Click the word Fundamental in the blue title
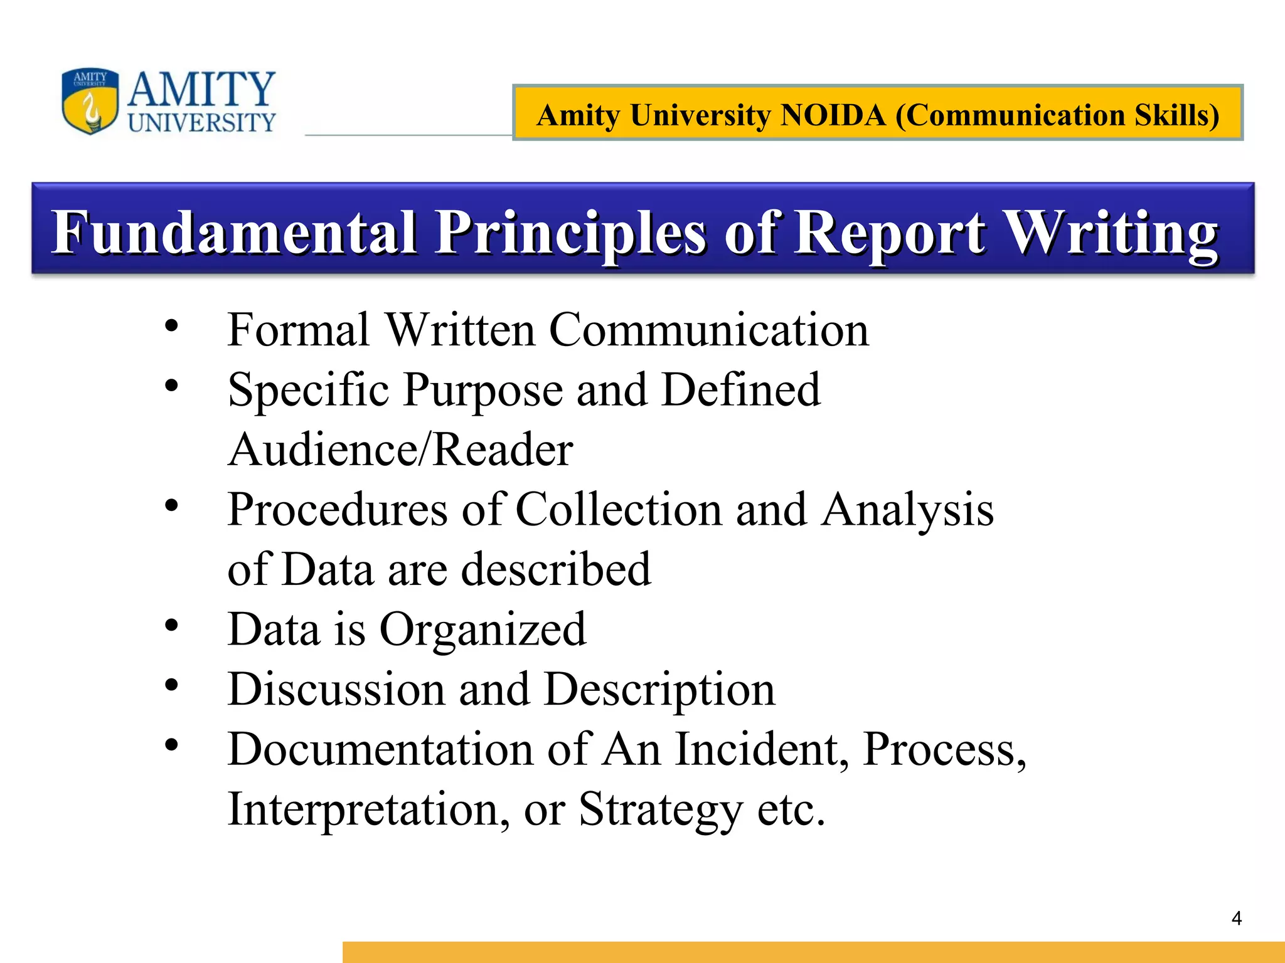[234, 233]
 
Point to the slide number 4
[1237, 918]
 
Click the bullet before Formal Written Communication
[171, 326]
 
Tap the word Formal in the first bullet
[299, 330]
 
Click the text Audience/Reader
[400, 450]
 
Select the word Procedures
[338, 509]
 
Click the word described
[557, 569]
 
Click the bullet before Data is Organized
[171, 625]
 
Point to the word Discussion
[336, 689]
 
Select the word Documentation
[380, 749]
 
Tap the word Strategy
[661, 811]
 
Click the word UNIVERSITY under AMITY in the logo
[202, 123]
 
